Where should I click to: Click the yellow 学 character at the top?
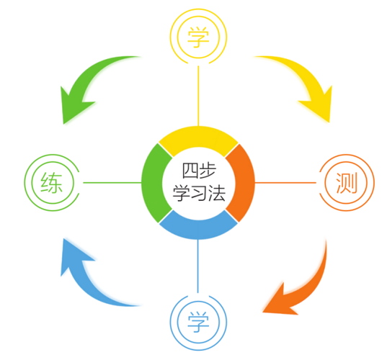pyautogui.click(x=198, y=37)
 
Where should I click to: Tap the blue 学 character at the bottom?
pyautogui.click(x=198, y=322)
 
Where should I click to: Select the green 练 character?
pyautogui.click(x=52, y=182)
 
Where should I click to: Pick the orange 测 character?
pyautogui.click(x=347, y=183)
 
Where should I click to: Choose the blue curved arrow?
pyautogui.click(x=84, y=284)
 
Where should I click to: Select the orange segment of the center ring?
pyautogui.click(x=243, y=183)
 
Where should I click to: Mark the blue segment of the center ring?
pyautogui.click(x=198, y=228)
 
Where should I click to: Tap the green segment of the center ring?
pyautogui.click(x=154, y=183)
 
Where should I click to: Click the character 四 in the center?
pyautogui.click(x=190, y=171)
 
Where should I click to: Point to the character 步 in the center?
pyautogui.click(x=208, y=171)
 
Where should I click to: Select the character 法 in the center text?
pyautogui.click(x=217, y=193)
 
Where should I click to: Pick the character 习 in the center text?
pyautogui.click(x=199, y=193)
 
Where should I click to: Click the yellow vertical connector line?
pyautogui.click(x=198, y=96)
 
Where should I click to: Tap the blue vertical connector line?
pyautogui.click(x=198, y=266)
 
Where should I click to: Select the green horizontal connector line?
pyautogui.click(x=112, y=183)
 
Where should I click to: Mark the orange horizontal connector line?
pyautogui.click(x=285, y=183)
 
